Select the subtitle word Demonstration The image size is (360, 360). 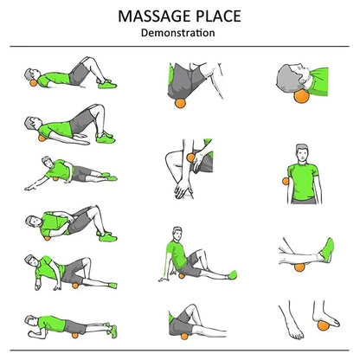click(179, 33)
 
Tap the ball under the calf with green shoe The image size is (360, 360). click(305, 255)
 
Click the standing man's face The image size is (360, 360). click(301, 153)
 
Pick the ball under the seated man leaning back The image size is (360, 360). click(183, 275)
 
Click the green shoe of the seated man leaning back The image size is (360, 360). click(228, 274)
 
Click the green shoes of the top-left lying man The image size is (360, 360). click(106, 84)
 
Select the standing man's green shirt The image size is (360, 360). click(301, 180)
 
